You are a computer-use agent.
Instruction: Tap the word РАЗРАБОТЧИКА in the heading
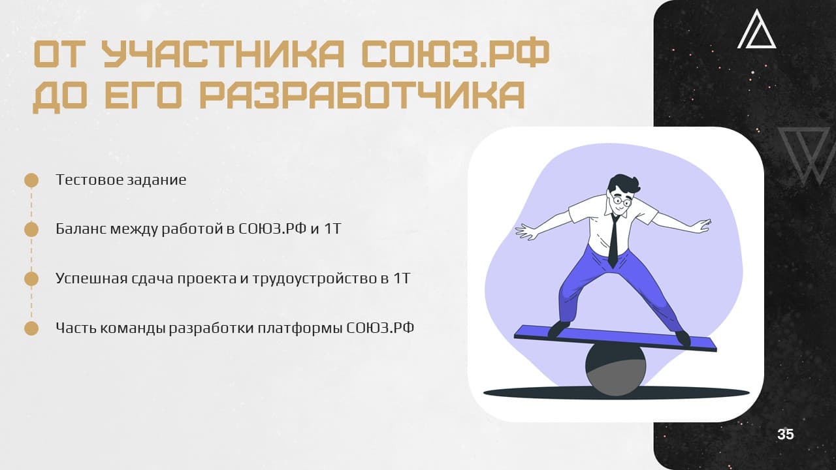(x=362, y=95)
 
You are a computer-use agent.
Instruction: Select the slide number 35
(x=786, y=435)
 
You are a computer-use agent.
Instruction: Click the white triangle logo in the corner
(x=756, y=30)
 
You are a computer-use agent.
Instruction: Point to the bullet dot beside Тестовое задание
(x=31, y=180)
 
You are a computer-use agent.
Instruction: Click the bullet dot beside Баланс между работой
(x=31, y=229)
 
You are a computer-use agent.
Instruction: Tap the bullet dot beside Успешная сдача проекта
(x=31, y=279)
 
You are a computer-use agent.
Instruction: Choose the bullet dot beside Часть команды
(x=31, y=328)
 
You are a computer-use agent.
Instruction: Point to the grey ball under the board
(x=615, y=369)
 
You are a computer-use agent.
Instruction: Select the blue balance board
(x=615, y=338)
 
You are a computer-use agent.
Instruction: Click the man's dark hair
(x=622, y=185)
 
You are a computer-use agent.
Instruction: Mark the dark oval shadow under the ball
(x=616, y=393)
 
